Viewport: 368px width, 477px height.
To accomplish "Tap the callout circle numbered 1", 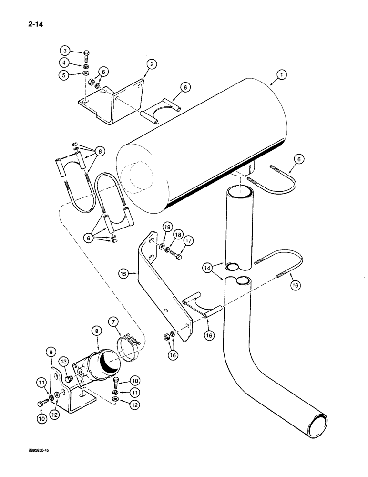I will [x=282, y=74].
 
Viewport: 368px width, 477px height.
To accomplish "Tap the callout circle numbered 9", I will [x=51, y=353].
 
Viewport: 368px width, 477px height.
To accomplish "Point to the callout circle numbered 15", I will [x=123, y=274].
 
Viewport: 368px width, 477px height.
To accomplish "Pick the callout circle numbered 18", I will [x=177, y=234].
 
